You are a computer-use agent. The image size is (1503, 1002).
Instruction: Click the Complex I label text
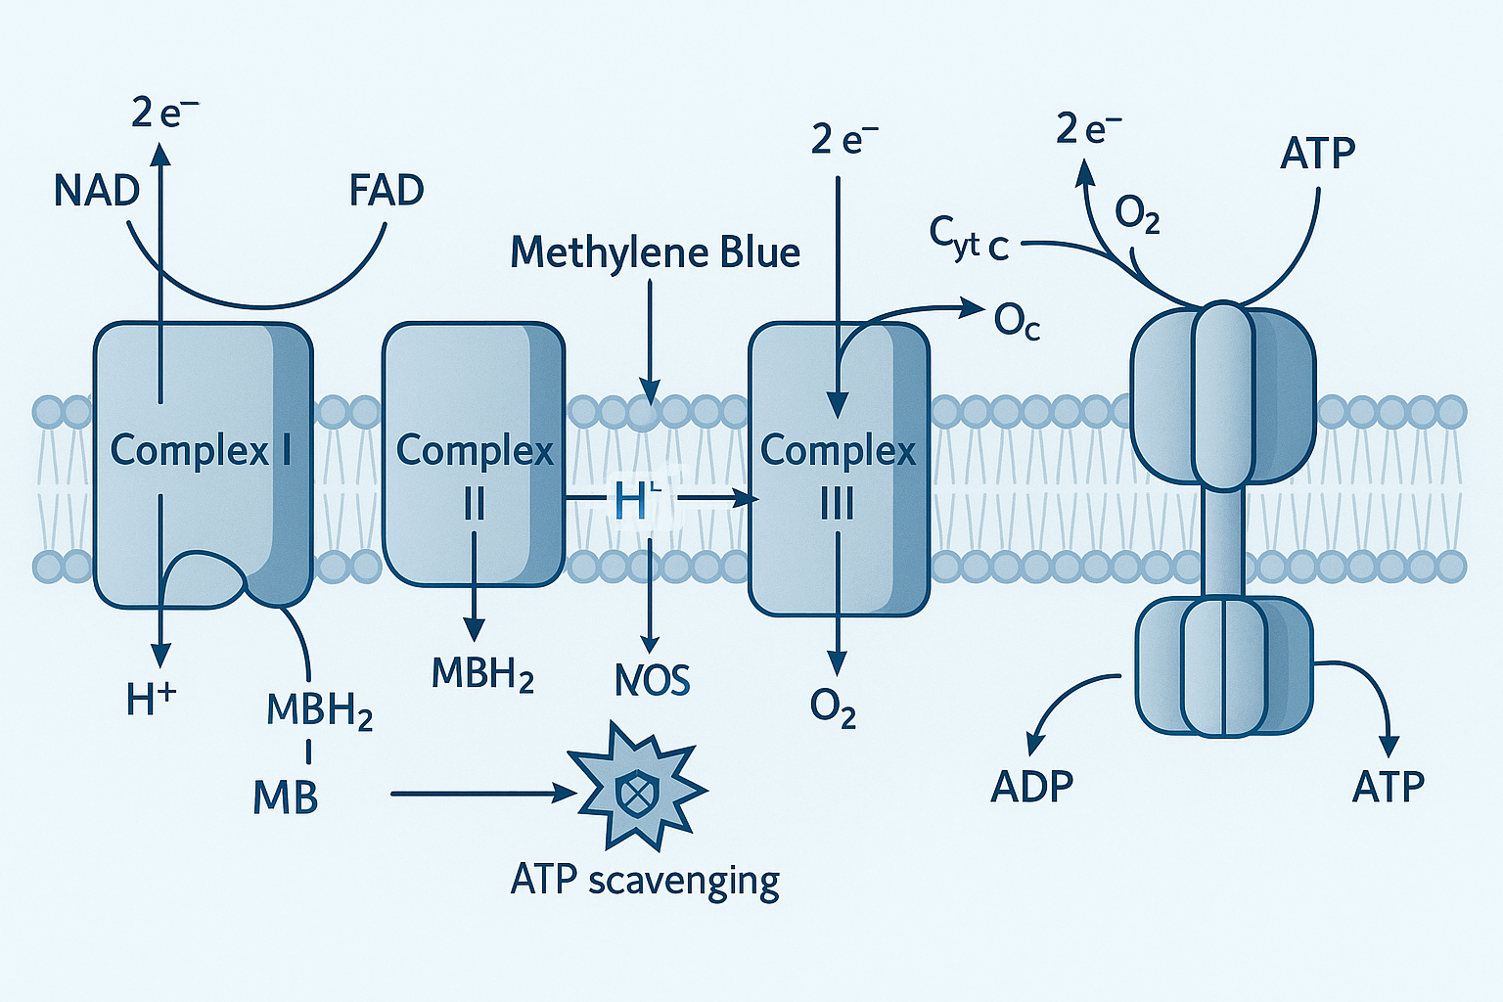tap(201, 450)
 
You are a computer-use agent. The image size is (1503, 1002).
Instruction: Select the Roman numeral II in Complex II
tap(474, 505)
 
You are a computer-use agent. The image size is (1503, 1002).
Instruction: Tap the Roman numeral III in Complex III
tap(837, 505)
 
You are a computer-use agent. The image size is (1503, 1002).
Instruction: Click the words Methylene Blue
tap(655, 253)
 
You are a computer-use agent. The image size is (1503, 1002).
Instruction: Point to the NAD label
tap(97, 191)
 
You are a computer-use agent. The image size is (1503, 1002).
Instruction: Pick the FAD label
tap(387, 191)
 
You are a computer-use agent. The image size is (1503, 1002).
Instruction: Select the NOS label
tap(652, 680)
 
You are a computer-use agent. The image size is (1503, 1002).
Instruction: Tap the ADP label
tap(1031, 787)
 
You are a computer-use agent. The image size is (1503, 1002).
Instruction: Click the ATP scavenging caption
tap(645, 881)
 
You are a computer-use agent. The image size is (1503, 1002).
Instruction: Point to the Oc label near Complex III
tap(1017, 321)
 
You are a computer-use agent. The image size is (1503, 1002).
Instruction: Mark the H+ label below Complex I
tap(152, 699)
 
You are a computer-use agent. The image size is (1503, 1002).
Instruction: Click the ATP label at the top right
tap(1317, 154)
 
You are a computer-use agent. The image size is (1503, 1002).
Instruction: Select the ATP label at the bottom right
tap(1388, 787)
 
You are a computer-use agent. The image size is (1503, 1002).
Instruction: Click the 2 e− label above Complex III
tap(844, 140)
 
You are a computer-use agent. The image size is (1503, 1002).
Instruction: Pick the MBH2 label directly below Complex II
tap(483, 673)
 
